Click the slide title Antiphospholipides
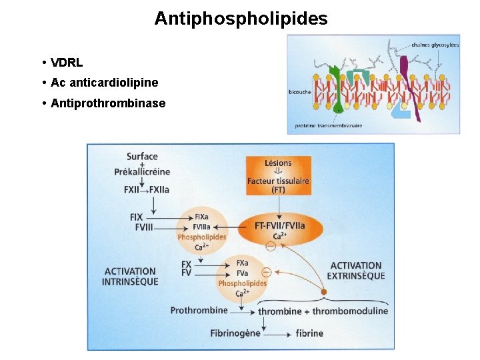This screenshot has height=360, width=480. [241, 18]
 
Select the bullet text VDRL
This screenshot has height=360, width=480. [67, 63]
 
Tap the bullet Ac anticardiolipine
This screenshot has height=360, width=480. [104, 83]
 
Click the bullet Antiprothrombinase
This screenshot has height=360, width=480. [108, 103]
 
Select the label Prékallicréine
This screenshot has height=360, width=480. [142, 171]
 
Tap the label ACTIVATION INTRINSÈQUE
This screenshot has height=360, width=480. [130, 276]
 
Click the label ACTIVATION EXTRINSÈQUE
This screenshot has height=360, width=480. [357, 271]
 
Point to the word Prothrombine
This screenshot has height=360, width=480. [199, 310]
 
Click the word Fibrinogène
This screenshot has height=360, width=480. [235, 333]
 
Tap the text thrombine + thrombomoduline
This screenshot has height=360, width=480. [323, 311]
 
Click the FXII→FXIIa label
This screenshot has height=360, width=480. [147, 189]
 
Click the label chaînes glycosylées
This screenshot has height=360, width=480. [435, 45]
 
